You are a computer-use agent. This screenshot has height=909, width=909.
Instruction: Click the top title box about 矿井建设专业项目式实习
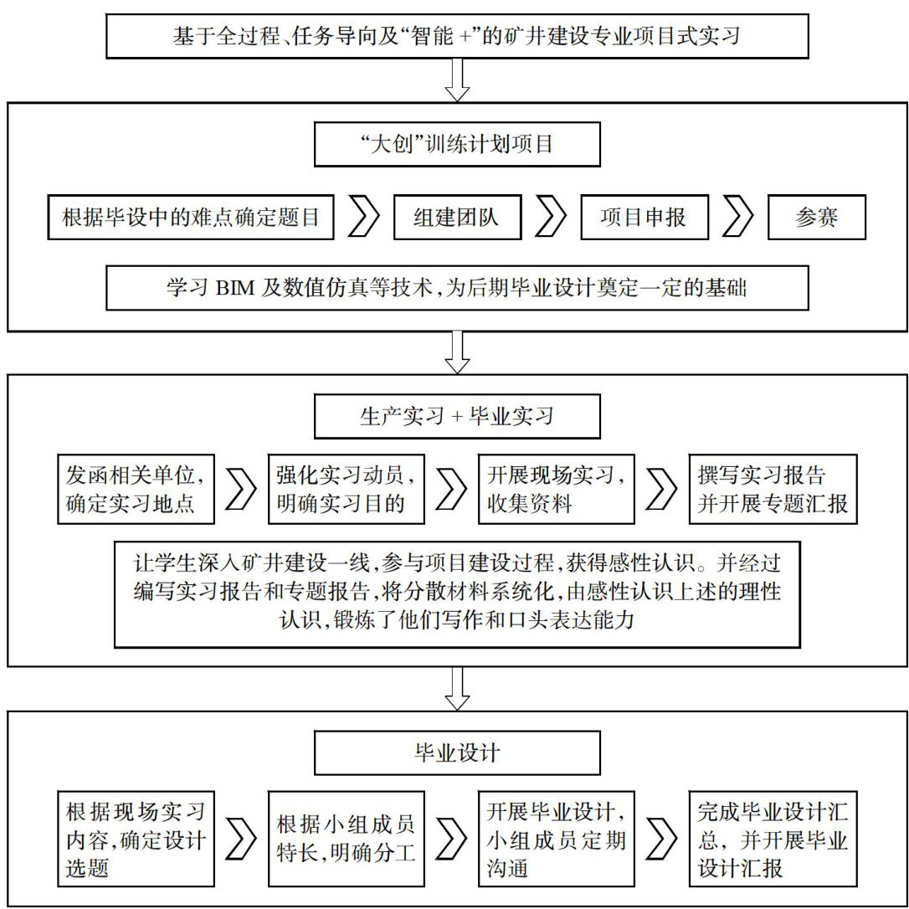[457, 36]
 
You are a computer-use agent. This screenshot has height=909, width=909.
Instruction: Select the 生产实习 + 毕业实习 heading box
[457, 416]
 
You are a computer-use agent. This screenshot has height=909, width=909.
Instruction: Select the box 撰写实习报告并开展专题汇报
[773, 489]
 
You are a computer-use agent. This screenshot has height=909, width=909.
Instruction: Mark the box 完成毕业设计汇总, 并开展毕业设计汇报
[773, 838]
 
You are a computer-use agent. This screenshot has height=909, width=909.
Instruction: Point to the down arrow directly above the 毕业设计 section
[457, 687]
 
